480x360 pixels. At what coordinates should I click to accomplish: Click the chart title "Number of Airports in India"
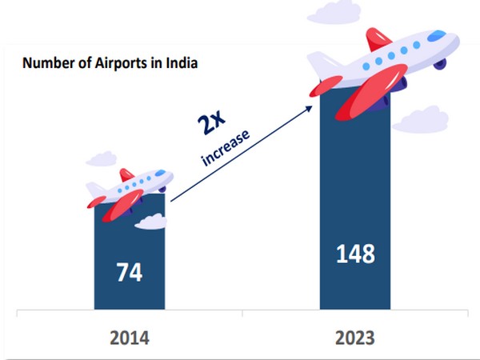(x=110, y=63)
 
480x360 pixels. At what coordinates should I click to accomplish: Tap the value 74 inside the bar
(x=130, y=272)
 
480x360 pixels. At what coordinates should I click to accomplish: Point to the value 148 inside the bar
(x=355, y=254)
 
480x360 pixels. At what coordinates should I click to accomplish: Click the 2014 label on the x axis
(x=130, y=338)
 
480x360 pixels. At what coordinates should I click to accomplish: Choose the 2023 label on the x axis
(x=355, y=338)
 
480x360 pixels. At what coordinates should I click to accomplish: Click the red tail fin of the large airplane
(x=378, y=39)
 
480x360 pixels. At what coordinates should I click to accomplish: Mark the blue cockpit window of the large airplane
(x=437, y=35)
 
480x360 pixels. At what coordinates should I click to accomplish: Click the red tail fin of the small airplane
(x=126, y=174)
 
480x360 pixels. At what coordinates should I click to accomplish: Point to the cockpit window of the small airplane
(x=160, y=173)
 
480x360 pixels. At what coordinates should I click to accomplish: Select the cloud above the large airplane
(x=334, y=13)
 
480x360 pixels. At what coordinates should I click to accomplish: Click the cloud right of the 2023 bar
(x=420, y=120)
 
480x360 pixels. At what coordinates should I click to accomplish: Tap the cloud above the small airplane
(x=102, y=159)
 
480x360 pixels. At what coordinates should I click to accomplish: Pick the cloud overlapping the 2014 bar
(x=151, y=222)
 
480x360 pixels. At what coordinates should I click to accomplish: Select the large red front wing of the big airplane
(x=370, y=92)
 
